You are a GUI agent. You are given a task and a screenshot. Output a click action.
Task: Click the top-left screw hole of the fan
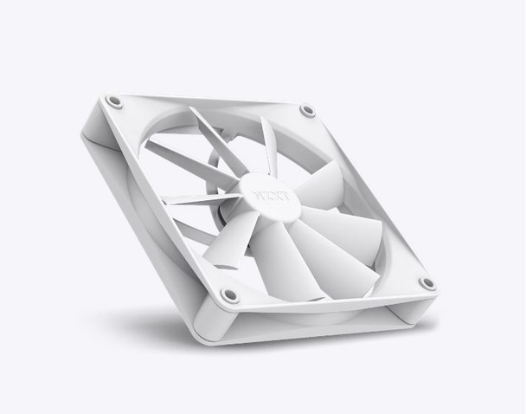click(x=114, y=102)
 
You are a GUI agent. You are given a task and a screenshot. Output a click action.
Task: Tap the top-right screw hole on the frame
click(x=307, y=111)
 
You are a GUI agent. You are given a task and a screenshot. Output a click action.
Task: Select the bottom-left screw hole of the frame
click(x=228, y=295)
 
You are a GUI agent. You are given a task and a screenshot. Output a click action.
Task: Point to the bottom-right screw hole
click(x=426, y=283)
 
